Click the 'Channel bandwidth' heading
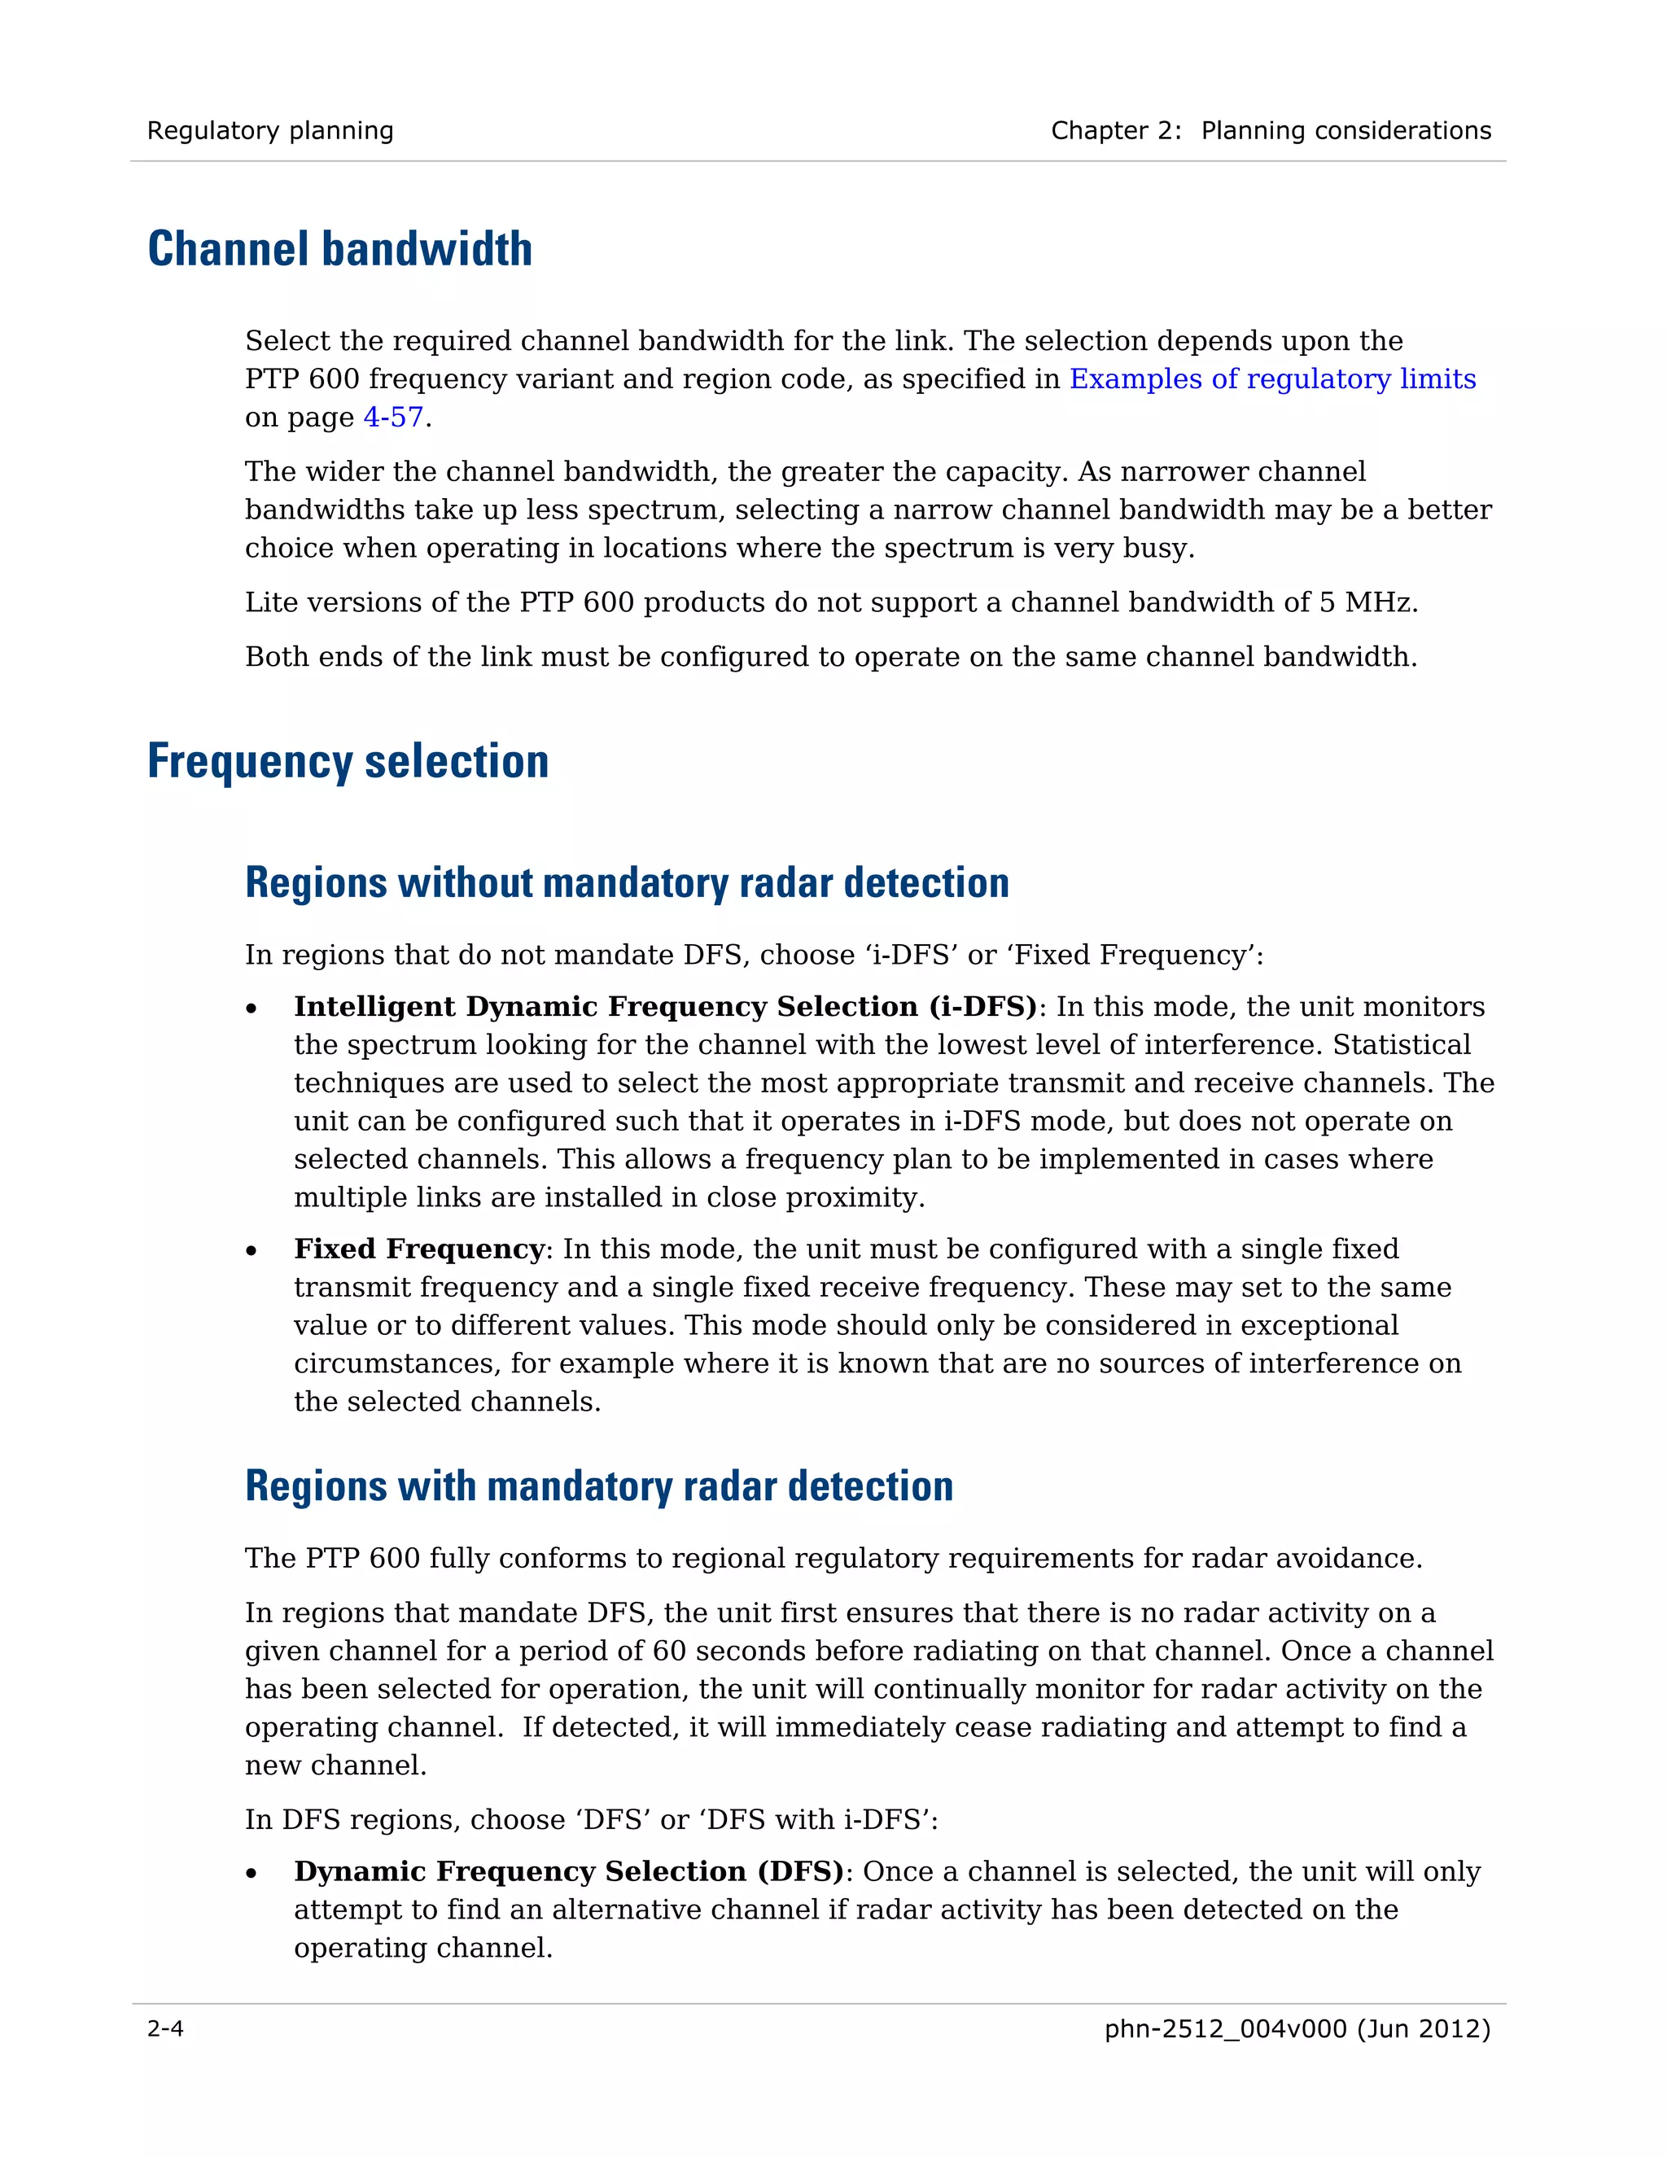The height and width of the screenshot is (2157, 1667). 339,249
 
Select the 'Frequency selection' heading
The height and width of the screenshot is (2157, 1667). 348,762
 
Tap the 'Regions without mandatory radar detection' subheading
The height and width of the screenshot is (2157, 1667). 627,883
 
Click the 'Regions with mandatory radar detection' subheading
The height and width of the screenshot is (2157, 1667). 598,1486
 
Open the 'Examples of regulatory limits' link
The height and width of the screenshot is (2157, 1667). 1272,379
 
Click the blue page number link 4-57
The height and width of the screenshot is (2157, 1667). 393,418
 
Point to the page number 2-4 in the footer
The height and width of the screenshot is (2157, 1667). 165,2028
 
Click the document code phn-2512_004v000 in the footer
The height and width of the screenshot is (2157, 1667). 1224,2028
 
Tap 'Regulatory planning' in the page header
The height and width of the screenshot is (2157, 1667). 269,130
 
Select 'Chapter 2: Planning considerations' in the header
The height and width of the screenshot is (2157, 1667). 1270,130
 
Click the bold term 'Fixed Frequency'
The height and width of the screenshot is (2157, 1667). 418,1249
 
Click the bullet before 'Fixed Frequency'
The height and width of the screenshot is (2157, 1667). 252,1251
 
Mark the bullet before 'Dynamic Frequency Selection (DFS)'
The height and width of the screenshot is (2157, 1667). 252,1874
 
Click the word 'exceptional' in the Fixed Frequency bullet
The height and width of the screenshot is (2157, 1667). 1319,1325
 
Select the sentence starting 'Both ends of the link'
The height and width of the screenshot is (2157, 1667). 829,657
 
